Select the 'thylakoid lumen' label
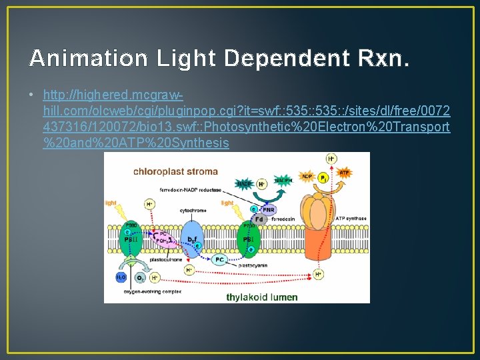click(262, 297)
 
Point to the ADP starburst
click(307, 176)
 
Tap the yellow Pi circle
click(323, 179)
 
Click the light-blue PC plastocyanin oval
click(219, 259)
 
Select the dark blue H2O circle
click(121, 276)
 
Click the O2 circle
click(141, 277)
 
